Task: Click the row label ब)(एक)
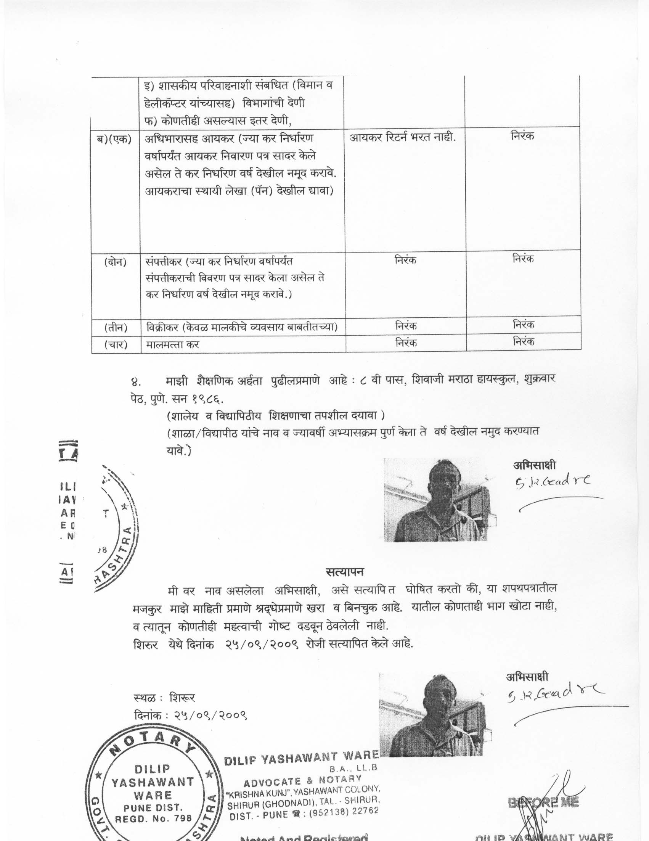(x=114, y=139)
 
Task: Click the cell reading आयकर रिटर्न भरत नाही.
(x=402, y=137)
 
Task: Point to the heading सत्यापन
(x=344, y=571)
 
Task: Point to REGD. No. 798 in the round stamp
(x=154, y=818)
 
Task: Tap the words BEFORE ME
(x=543, y=802)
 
